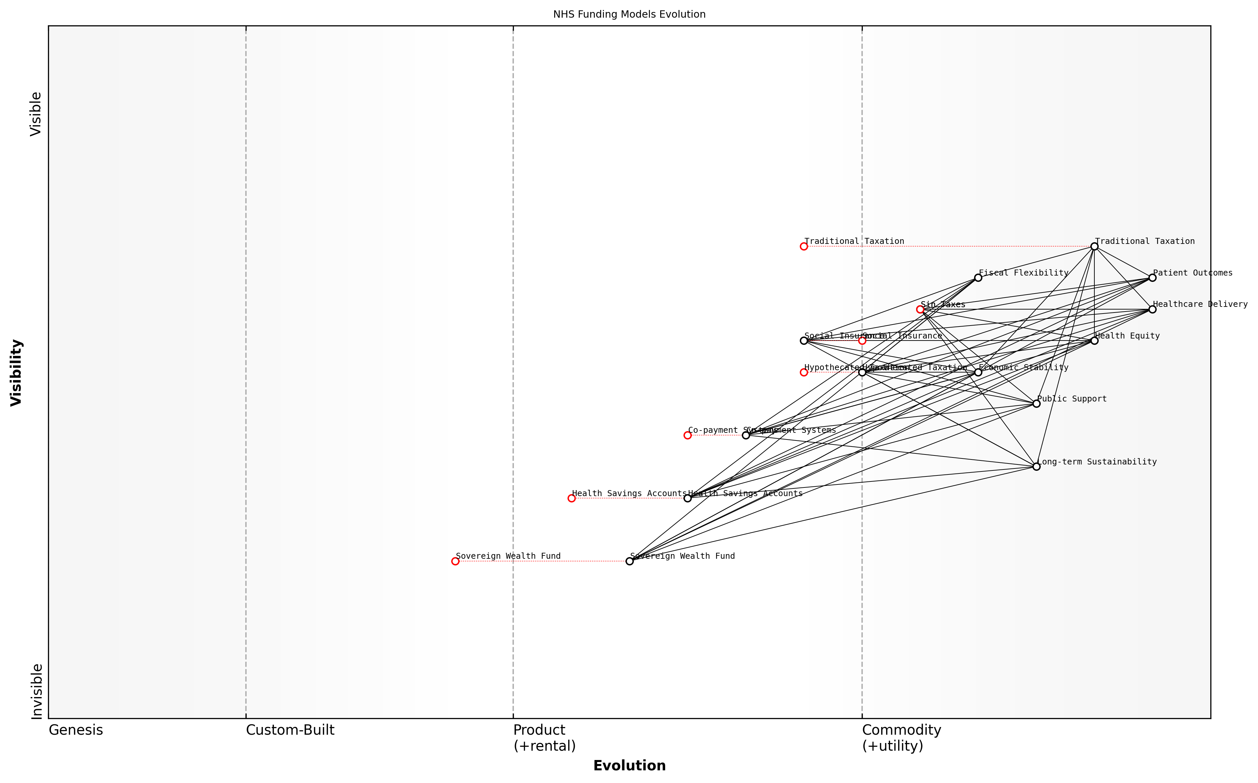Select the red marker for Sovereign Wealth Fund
click(x=455, y=561)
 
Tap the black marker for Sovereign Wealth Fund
click(x=629, y=561)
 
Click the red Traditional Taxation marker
click(x=803, y=246)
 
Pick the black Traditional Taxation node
click(x=1094, y=246)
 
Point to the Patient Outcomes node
click(x=1152, y=278)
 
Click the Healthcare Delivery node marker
click(x=1152, y=309)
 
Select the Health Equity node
click(x=1094, y=340)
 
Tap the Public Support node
click(x=1036, y=403)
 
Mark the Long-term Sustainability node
click(x=1036, y=466)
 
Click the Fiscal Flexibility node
click(x=978, y=278)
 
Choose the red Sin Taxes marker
click(x=920, y=309)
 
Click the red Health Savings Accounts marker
click(x=571, y=498)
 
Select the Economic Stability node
click(x=978, y=372)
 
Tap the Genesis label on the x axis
click(x=76, y=730)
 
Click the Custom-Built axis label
click(x=290, y=730)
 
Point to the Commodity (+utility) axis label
click(x=901, y=737)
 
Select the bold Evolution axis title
click(x=629, y=765)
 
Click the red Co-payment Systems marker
click(x=687, y=435)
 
